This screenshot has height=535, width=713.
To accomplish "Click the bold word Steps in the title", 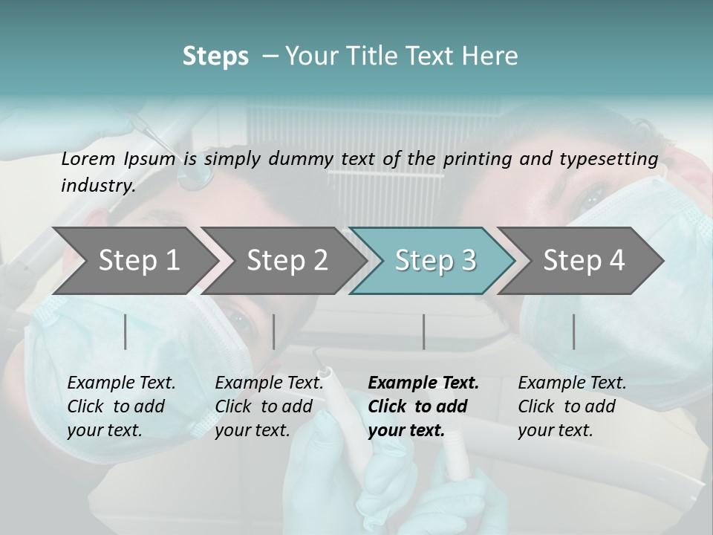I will pyautogui.click(x=215, y=56).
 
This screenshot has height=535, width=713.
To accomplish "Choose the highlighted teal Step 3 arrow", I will pyautogui.click(x=435, y=260).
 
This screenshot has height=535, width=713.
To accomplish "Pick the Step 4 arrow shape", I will pyautogui.click(x=584, y=260).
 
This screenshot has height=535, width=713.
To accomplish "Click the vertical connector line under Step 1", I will pyautogui.click(x=126, y=331).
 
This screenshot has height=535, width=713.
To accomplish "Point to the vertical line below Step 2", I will pyautogui.click(x=274, y=331).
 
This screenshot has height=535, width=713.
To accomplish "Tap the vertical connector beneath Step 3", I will pyautogui.click(x=423, y=331).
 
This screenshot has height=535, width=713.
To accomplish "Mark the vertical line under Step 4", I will pyautogui.click(x=573, y=331).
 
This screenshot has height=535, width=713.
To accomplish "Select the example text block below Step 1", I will pyautogui.click(x=121, y=406).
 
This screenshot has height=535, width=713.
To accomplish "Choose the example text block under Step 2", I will pyautogui.click(x=269, y=406).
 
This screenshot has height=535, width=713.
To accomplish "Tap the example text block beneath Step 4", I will pyautogui.click(x=572, y=406).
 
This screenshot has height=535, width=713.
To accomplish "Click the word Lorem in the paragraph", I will pyautogui.click(x=88, y=158).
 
